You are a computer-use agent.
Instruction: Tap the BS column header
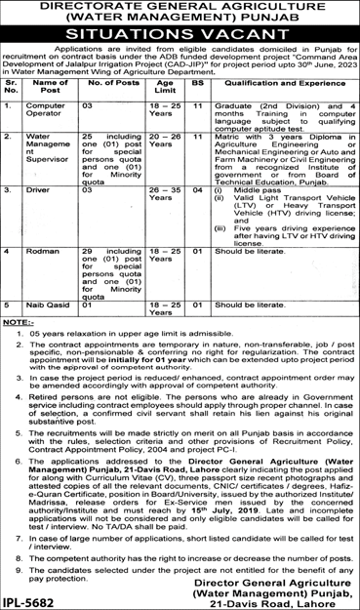pyautogui.click(x=197, y=86)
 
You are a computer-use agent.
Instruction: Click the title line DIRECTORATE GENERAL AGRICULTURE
pyautogui.click(x=180, y=11)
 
